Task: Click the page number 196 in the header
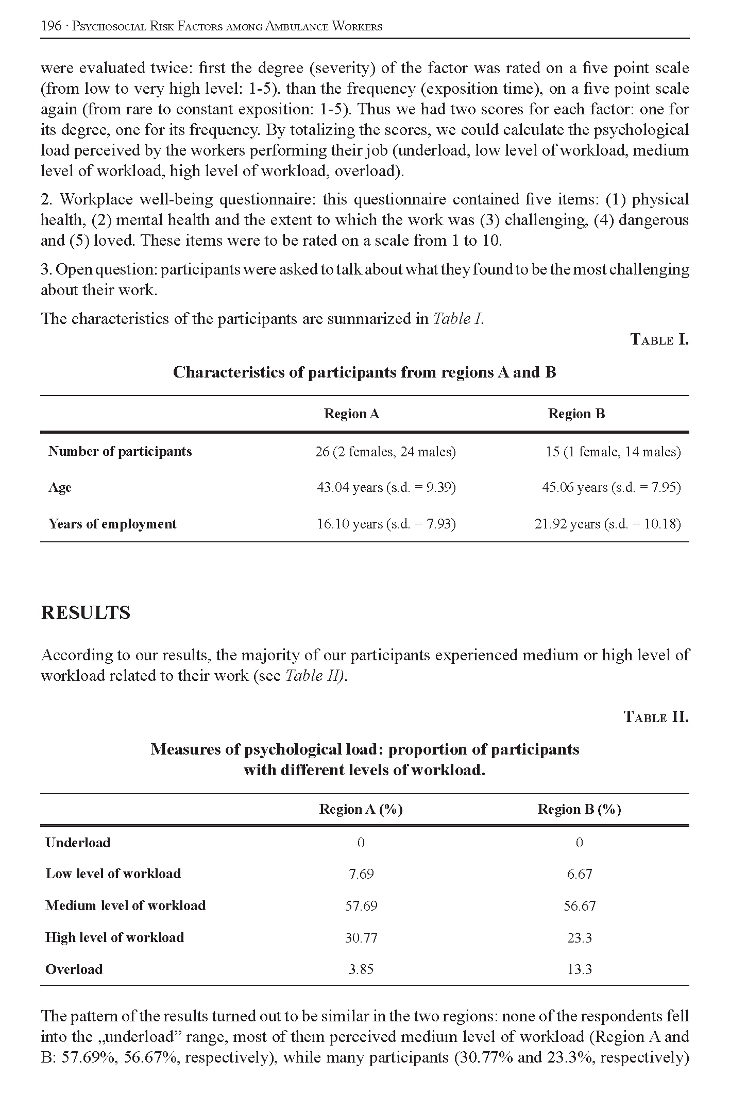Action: click(x=51, y=26)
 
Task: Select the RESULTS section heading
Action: click(x=86, y=613)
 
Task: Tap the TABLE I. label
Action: click(x=659, y=339)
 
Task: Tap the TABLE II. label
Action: click(x=656, y=716)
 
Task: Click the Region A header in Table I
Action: click(x=351, y=414)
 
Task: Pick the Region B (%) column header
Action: click(x=579, y=809)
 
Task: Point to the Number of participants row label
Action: click(x=120, y=451)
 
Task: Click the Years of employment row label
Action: click(x=112, y=524)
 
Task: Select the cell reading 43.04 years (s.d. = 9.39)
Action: click(x=386, y=487)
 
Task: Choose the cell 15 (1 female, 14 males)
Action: click(x=613, y=452)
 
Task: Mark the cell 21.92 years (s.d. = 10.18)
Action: click(x=607, y=524)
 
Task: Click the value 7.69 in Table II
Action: click(x=361, y=874)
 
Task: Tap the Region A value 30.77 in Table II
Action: click(x=361, y=937)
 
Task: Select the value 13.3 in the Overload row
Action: click(x=580, y=969)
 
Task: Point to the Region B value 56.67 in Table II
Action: click(x=580, y=906)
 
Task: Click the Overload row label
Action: click(x=74, y=969)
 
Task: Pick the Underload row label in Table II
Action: click(x=78, y=843)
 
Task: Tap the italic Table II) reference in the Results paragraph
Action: click(x=315, y=676)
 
